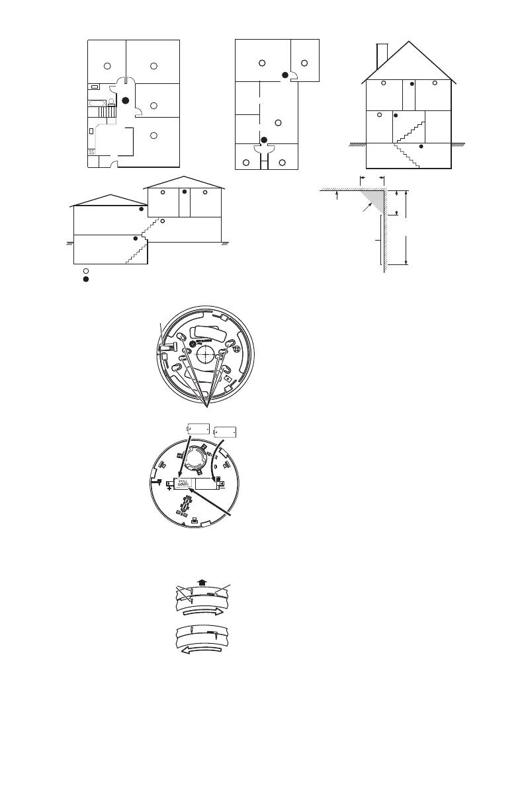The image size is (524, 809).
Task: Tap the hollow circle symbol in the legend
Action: point(85,271)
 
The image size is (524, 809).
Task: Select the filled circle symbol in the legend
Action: point(85,280)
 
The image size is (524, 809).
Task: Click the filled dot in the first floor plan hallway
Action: point(125,100)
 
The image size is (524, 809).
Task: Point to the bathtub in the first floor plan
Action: point(99,103)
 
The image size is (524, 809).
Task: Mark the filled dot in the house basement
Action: point(421,147)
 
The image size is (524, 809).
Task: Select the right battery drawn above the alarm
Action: point(225,432)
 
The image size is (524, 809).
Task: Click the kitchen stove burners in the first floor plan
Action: point(92,152)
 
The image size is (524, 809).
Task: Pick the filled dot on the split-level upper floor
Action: point(185,192)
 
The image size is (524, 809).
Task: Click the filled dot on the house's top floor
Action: point(412,84)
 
